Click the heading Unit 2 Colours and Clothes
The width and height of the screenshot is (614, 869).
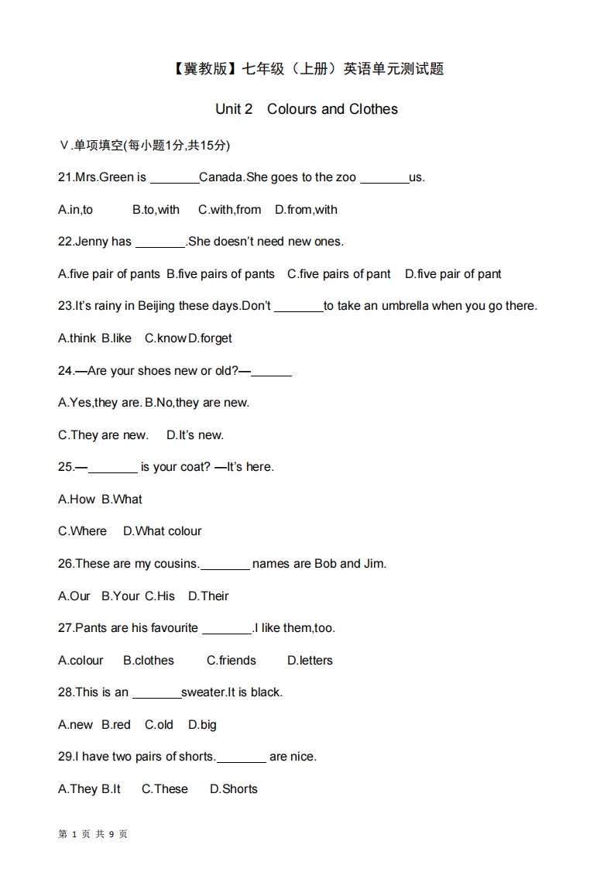click(307, 109)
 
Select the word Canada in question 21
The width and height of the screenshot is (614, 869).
click(221, 177)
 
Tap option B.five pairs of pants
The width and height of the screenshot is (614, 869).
click(221, 274)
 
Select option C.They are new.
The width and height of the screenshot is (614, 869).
click(103, 435)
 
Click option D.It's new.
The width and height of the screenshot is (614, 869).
click(195, 435)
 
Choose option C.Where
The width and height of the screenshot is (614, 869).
click(82, 531)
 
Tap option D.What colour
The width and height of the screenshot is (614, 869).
click(163, 531)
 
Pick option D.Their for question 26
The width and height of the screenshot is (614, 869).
click(209, 596)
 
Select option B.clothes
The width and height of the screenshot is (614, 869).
click(149, 661)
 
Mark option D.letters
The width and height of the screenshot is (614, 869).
click(310, 661)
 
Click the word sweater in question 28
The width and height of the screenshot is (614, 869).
click(204, 692)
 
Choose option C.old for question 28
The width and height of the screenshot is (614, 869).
click(159, 725)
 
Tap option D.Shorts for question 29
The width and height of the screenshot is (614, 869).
click(234, 789)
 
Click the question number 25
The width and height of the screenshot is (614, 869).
click(66, 467)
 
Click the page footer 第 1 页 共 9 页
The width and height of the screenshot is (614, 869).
click(93, 834)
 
